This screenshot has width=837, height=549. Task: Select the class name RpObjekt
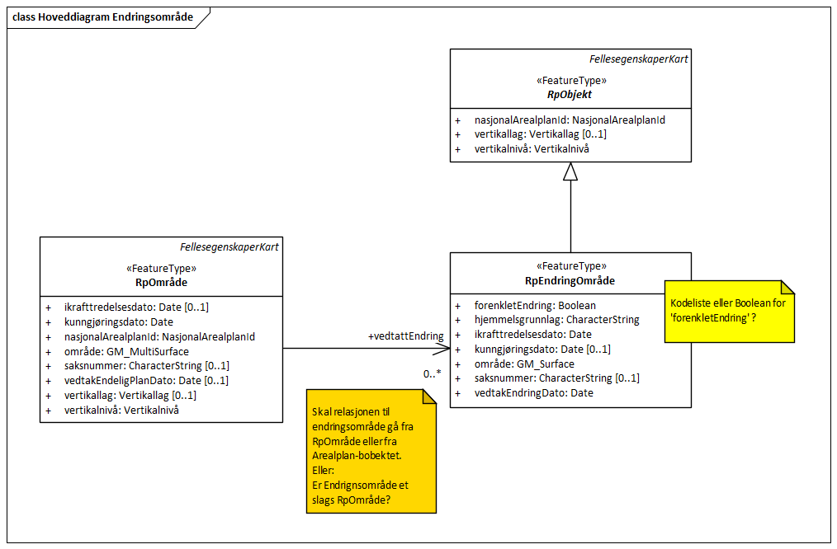pos(570,94)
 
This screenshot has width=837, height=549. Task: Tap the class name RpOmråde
pos(161,282)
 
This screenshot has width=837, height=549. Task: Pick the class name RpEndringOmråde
pos(570,280)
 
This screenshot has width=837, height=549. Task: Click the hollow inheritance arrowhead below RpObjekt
pos(570,171)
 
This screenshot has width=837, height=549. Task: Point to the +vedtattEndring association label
pos(405,336)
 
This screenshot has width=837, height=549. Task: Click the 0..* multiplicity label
pos(433,374)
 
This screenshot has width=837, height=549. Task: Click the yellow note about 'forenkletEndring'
pos(729,310)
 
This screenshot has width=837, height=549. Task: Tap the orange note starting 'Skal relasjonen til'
pos(370,452)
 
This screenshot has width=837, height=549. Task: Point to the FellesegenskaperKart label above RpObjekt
pos(638,59)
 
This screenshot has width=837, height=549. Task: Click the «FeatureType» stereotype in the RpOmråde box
pos(161,269)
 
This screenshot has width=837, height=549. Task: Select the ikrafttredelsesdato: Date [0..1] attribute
pos(136,307)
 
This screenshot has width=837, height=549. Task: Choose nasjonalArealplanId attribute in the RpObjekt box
pos(570,120)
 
